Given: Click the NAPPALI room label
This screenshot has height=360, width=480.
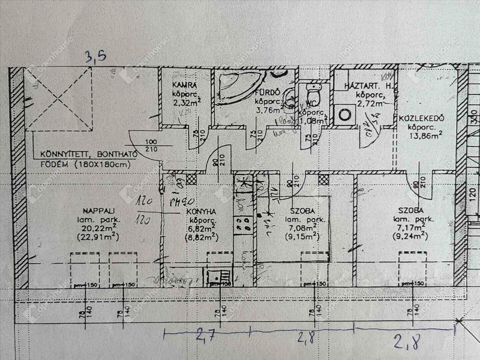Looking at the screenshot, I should (94, 210).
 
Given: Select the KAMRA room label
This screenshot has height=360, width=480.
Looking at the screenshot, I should (184, 85).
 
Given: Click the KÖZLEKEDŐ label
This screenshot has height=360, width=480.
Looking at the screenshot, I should (420, 119).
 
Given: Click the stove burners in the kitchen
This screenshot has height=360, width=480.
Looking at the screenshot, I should (243, 224).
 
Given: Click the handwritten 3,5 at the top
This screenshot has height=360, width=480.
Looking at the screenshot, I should (96, 56).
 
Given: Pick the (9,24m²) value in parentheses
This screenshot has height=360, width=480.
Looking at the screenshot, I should (410, 237).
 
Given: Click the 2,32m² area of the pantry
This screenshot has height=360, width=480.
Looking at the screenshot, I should (186, 102).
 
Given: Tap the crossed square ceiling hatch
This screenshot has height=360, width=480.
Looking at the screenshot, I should (59, 98).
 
